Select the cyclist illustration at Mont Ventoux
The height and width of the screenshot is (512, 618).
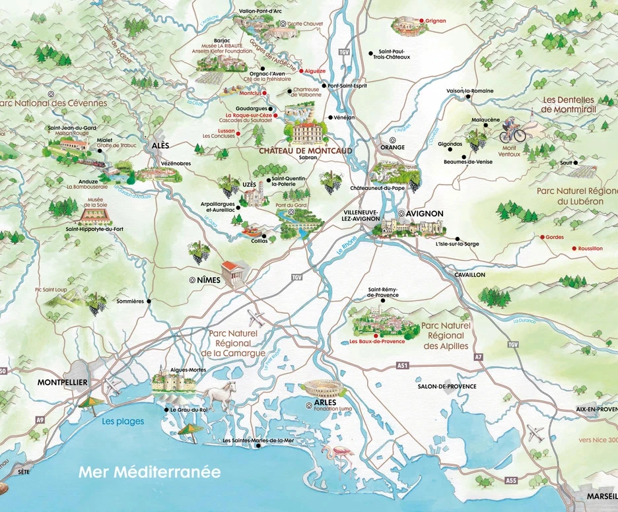[x=512, y=130]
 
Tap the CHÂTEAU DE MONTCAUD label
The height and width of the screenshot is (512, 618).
[x=305, y=150]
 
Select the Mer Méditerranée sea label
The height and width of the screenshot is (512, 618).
[x=149, y=472]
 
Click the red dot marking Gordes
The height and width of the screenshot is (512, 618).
[x=542, y=237]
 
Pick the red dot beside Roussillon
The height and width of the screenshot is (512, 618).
[x=574, y=248]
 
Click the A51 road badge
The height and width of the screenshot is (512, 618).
[x=403, y=365]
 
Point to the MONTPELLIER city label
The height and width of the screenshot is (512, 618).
[x=63, y=383]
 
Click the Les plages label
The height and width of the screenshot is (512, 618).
[x=122, y=422]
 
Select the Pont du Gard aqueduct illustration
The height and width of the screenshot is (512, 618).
[x=300, y=226]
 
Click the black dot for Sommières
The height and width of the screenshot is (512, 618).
[x=149, y=302]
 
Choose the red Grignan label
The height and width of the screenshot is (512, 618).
[x=436, y=20]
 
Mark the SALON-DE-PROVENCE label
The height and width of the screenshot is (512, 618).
[x=447, y=387]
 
